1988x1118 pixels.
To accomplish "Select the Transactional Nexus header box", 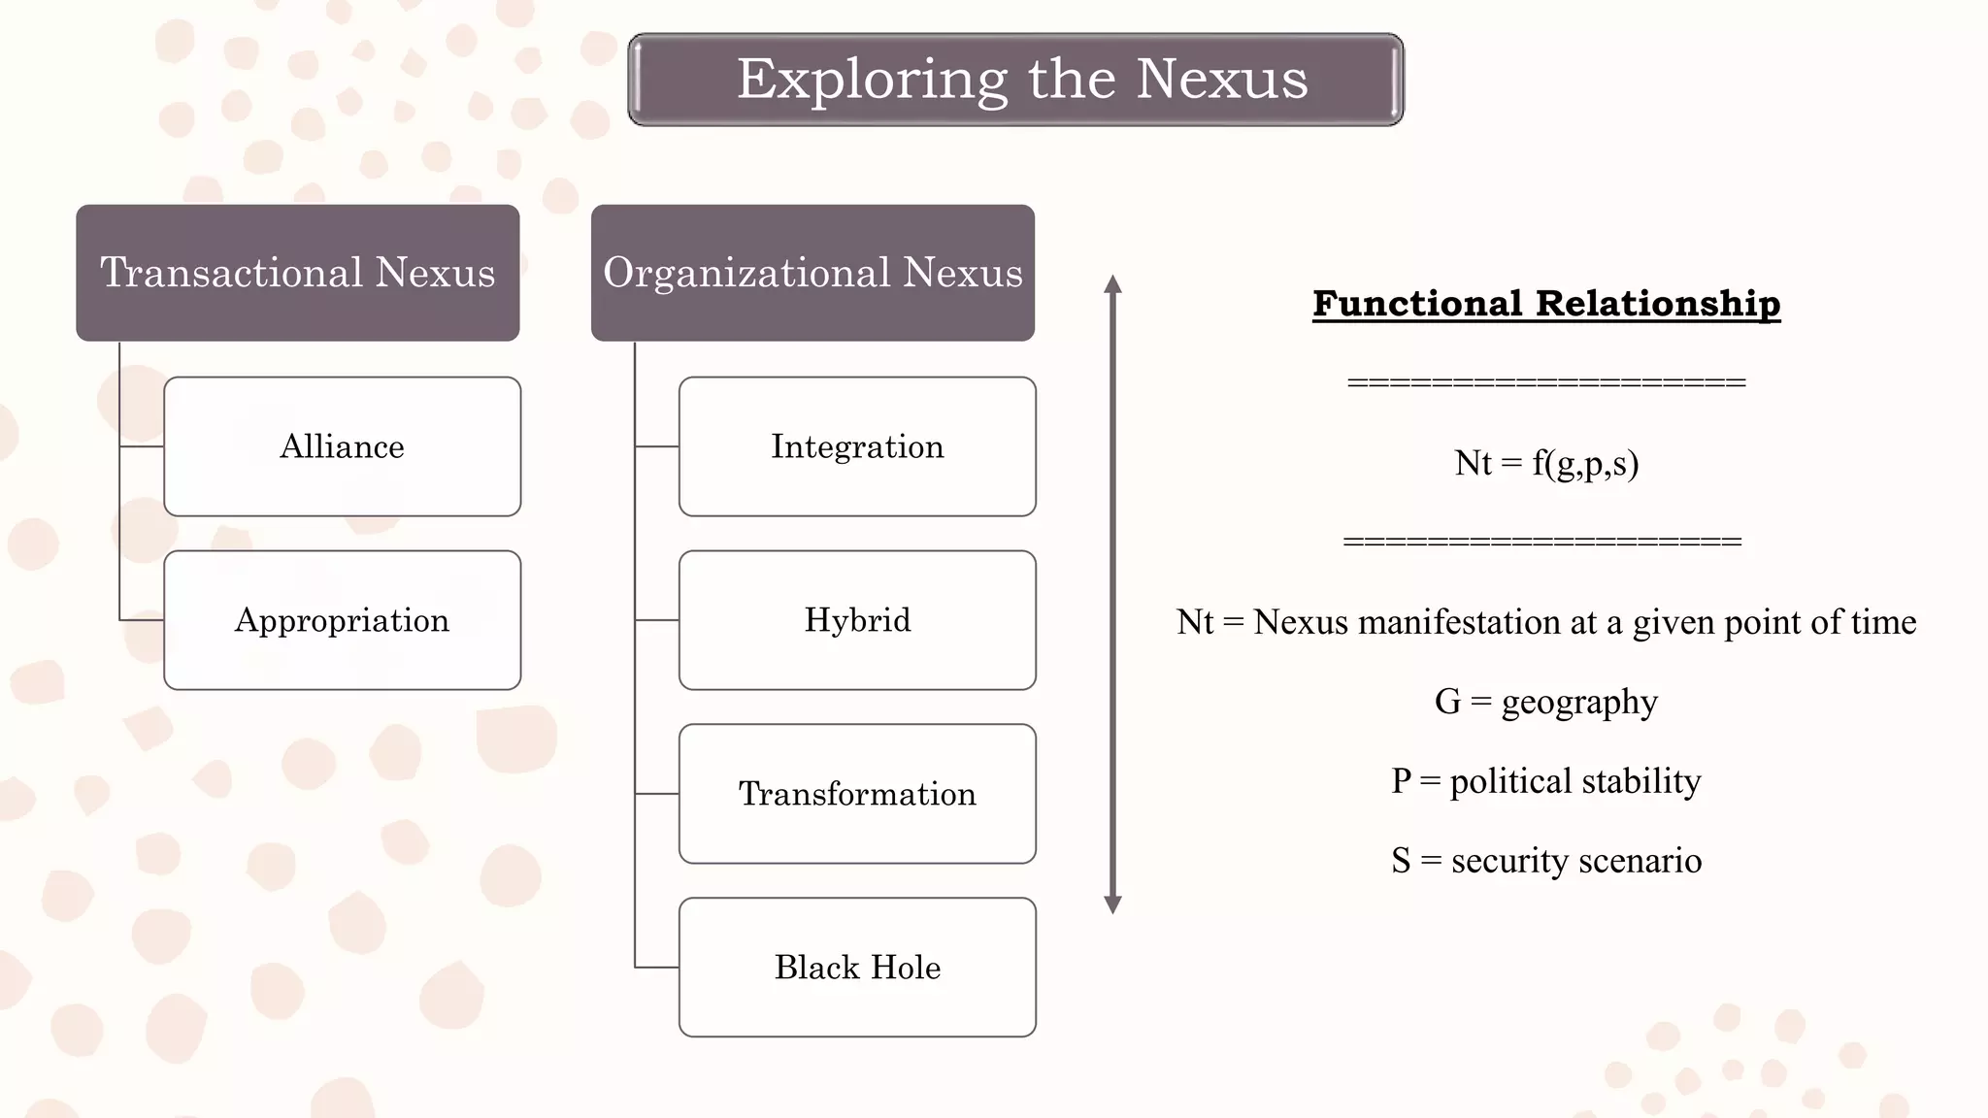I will click(x=298, y=273).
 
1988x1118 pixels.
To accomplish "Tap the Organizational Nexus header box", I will click(x=812, y=273).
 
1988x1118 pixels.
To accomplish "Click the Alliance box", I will click(x=343, y=446).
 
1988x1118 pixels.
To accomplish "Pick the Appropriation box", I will click(x=343, y=620).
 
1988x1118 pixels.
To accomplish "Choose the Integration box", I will click(x=857, y=446).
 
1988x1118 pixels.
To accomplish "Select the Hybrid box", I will click(x=857, y=620).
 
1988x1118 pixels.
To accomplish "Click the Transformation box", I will click(x=857, y=794).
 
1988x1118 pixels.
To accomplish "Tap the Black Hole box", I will click(x=857, y=968).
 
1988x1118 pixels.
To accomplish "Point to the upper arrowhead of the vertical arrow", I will click(x=1113, y=283).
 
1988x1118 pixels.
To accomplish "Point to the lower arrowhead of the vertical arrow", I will click(x=1113, y=904).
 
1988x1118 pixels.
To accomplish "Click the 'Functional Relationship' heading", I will click(x=1546, y=304).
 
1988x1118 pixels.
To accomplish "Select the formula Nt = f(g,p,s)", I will click(x=1546, y=463).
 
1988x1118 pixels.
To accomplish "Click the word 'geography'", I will click(x=1579, y=702).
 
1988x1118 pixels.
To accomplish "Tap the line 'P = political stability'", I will click(x=1546, y=781).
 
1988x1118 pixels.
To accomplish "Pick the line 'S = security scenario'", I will click(x=1546, y=861).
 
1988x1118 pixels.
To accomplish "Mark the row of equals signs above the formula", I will click(x=1546, y=382).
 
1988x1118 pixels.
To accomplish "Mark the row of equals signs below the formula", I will click(x=1542, y=542).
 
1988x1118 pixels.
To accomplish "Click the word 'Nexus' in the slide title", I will click(x=1221, y=80).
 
